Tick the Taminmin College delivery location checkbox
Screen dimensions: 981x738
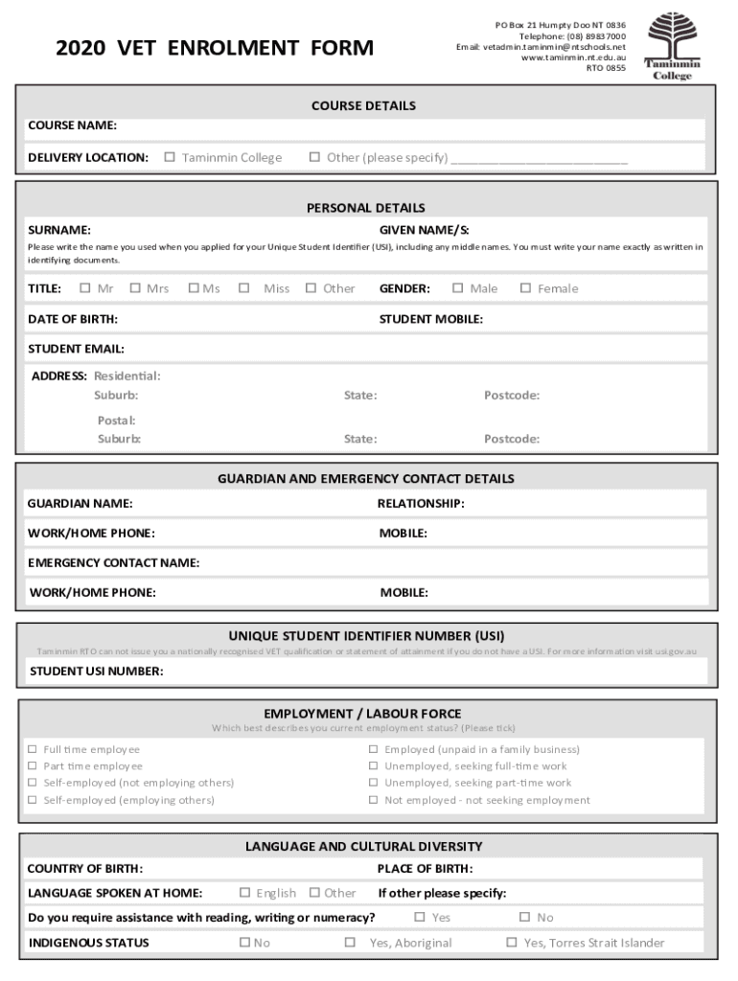point(170,157)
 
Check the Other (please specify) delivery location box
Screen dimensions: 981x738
point(314,157)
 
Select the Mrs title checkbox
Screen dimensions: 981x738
point(134,287)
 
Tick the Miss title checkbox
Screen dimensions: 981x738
point(244,287)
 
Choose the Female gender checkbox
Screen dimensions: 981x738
point(525,287)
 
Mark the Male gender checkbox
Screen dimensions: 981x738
point(458,287)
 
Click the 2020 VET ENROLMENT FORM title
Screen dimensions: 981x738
point(215,47)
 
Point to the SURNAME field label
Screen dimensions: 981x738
point(59,230)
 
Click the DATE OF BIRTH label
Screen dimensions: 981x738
point(73,319)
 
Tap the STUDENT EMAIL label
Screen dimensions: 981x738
point(76,349)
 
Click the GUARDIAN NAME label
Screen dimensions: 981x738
point(80,503)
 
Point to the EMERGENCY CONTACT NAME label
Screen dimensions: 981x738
point(113,562)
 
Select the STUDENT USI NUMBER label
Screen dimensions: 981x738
point(96,671)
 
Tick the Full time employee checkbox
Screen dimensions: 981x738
point(33,749)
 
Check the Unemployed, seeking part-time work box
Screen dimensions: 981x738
point(374,783)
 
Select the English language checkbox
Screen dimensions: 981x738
point(244,892)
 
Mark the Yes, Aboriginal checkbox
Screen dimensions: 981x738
point(350,943)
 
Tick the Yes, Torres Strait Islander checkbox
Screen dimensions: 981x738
point(511,943)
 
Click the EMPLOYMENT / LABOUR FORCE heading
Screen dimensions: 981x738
point(362,714)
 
